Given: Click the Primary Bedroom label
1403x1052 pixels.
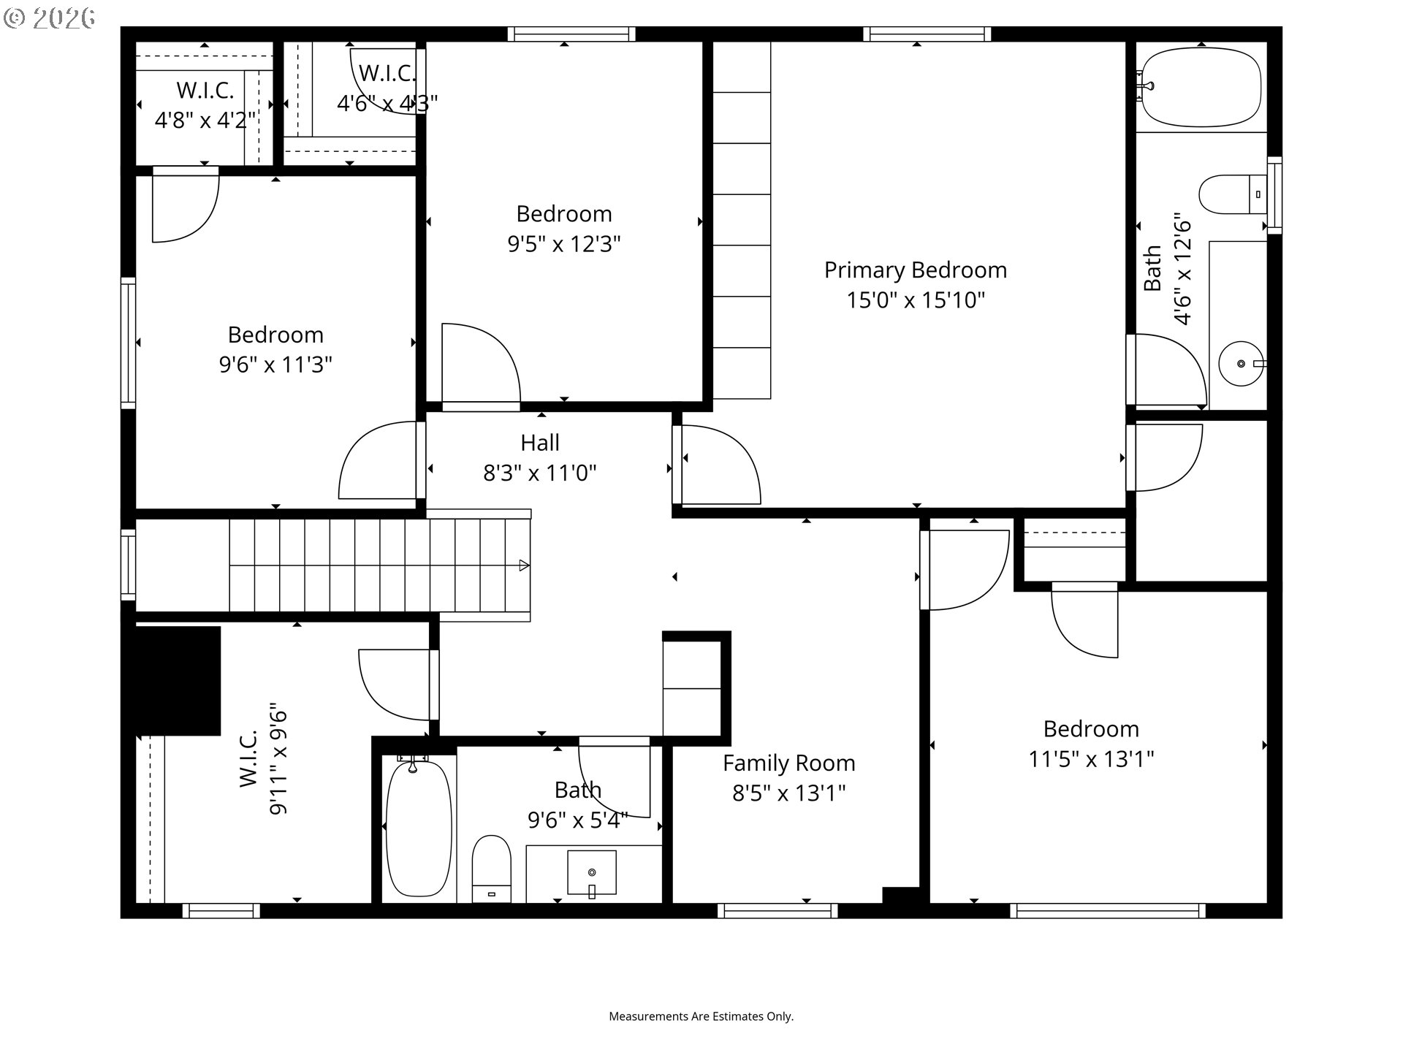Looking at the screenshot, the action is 916,270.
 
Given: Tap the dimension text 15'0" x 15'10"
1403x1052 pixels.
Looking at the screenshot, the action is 916,300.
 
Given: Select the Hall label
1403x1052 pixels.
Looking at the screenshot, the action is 540,443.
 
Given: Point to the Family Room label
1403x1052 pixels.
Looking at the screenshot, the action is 789,763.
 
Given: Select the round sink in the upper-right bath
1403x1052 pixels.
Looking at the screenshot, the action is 1241,363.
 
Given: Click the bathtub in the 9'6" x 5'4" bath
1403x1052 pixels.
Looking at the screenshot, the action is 419,828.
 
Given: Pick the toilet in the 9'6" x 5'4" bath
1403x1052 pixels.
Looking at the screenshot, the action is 491,869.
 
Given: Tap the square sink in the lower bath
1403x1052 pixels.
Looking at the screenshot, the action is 592,873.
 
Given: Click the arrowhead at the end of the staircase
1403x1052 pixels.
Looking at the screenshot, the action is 524,565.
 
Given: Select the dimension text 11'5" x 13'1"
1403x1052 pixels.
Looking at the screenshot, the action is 1091,760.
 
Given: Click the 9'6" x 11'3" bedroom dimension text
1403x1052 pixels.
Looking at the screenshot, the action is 275,364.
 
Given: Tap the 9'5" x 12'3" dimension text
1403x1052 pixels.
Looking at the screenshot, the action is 564,243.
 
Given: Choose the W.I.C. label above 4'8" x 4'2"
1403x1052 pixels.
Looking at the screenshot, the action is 205,91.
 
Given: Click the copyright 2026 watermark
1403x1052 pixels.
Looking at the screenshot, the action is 49,18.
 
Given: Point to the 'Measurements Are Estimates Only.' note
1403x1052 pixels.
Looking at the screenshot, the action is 701,1016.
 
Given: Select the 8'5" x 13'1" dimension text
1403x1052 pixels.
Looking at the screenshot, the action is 789,793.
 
